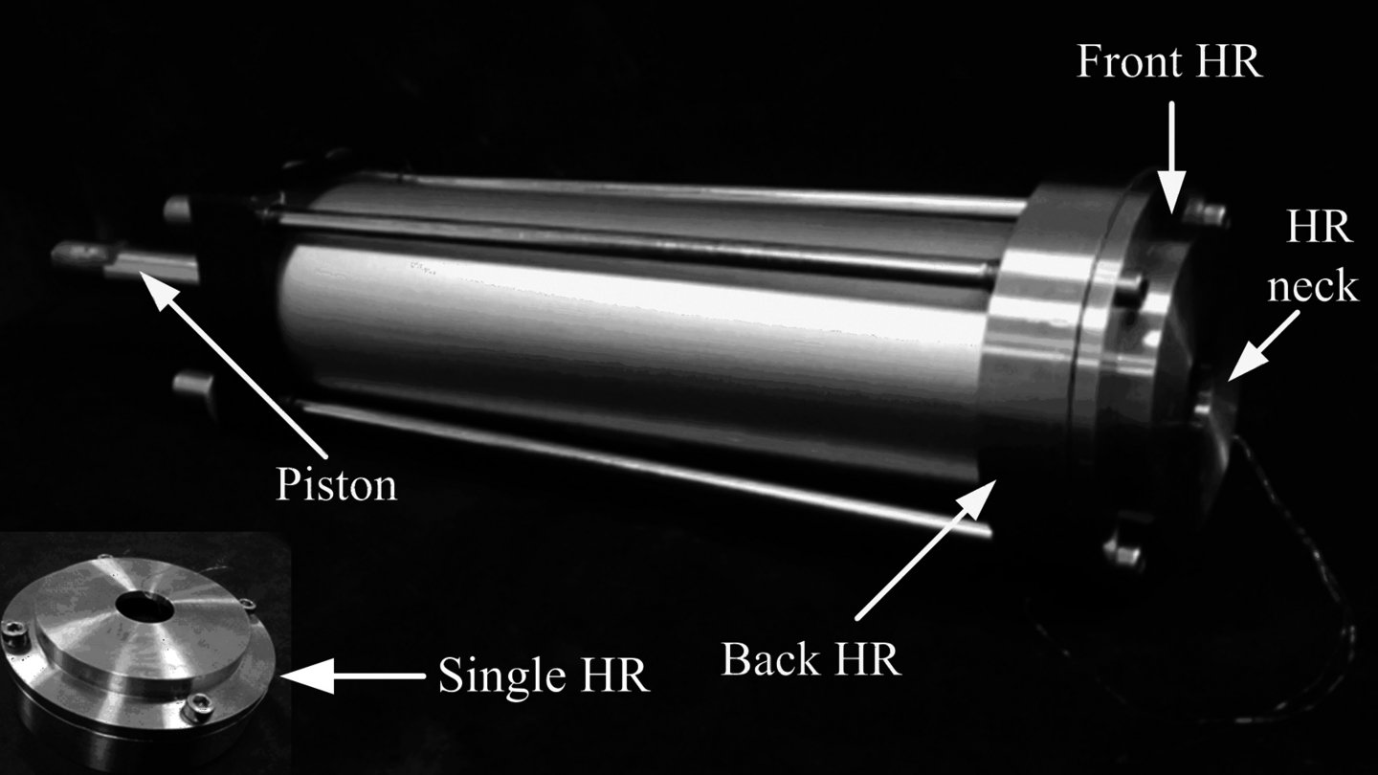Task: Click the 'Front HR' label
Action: pyautogui.click(x=1168, y=61)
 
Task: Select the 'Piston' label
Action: pyautogui.click(x=336, y=485)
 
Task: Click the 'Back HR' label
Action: pyautogui.click(x=811, y=659)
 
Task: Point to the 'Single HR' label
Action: pyautogui.click(x=544, y=675)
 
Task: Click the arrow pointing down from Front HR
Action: pyautogui.click(x=1172, y=157)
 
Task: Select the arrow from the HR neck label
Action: pyautogui.click(x=1264, y=344)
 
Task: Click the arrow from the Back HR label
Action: pyautogui.click(x=926, y=549)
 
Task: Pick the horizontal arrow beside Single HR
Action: pyautogui.click(x=352, y=675)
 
